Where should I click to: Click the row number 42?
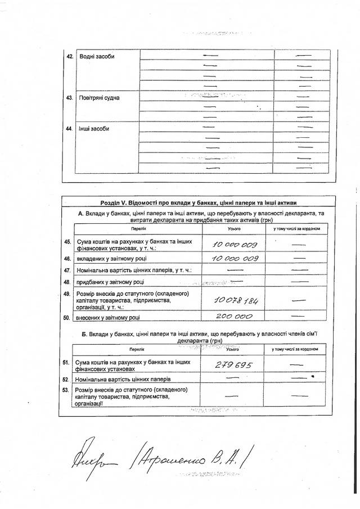coord(70,56)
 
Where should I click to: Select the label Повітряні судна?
coord(100,97)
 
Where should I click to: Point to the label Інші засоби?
coord(94,129)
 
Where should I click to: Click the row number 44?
coord(70,129)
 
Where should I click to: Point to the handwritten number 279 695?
coord(234,365)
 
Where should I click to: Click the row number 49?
coord(67,294)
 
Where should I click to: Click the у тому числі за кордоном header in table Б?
coord(296,349)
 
